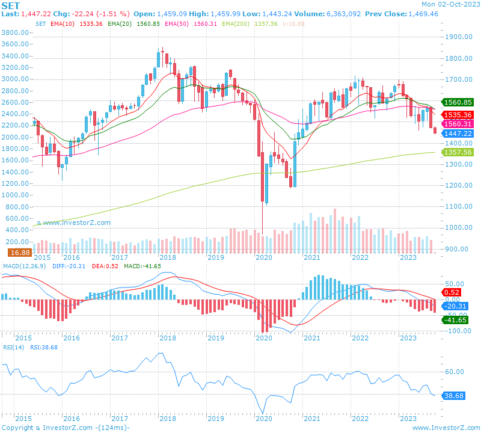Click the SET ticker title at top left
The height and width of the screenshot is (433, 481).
pos(11,5)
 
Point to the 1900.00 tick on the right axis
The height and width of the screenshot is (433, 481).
pos(461,37)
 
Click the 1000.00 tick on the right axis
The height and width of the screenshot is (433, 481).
pos(461,228)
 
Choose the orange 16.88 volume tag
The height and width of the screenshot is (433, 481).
pos(19,253)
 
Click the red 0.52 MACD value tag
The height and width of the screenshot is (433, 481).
pos(451,292)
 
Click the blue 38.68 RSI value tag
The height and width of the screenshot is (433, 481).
pos(455,396)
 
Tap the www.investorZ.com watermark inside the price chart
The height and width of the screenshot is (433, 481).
pos(73,223)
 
